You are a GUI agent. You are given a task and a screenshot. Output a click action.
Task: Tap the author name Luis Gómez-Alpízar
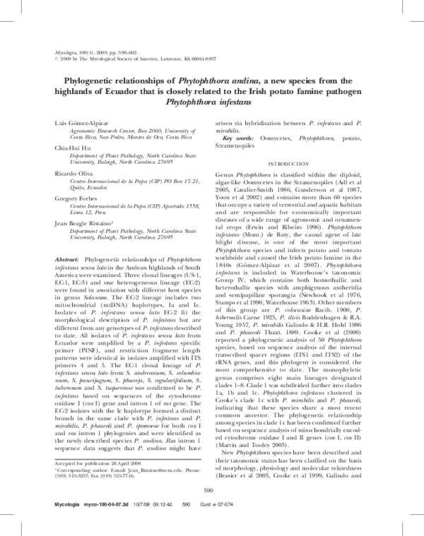point(81,124)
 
